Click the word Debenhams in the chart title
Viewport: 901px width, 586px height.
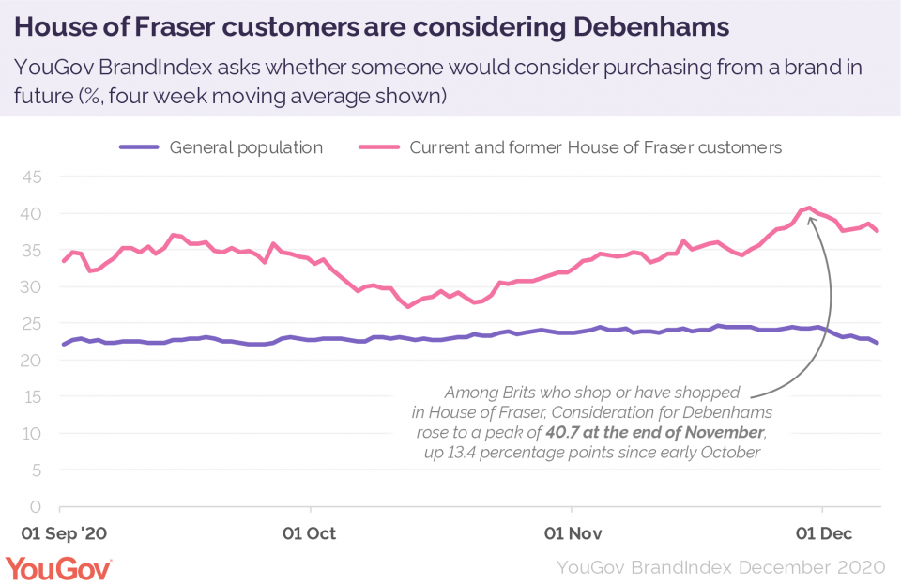click(x=651, y=27)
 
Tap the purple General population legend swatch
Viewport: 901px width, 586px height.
click(x=139, y=147)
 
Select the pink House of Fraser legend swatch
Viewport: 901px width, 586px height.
click(x=379, y=147)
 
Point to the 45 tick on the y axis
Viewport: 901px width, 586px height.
click(x=32, y=177)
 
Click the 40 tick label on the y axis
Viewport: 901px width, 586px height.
click(x=32, y=214)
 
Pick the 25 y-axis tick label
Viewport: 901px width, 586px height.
click(x=32, y=324)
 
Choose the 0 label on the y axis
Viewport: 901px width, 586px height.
click(x=37, y=506)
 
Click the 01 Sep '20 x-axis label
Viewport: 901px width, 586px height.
click(x=64, y=533)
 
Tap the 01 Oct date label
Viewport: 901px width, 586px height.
click(x=309, y=533)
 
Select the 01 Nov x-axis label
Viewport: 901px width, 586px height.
click(x=573, y=533)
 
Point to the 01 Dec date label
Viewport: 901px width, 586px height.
click(x=824, y=533)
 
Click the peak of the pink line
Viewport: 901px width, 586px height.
click(x=809, y=208)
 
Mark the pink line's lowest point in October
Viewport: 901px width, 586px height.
click(x=408, y=306)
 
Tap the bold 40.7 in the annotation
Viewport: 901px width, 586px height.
click(x=561, y=432)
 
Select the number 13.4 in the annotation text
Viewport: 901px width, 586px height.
click(x=462, y=453)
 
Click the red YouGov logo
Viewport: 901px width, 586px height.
click(x=58, y=569)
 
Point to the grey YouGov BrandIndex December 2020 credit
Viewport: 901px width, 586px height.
click(x=721, y=567)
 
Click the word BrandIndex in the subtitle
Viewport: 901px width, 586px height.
click(x=155, y=68)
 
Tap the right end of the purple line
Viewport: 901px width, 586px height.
click(x=877, y=343)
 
